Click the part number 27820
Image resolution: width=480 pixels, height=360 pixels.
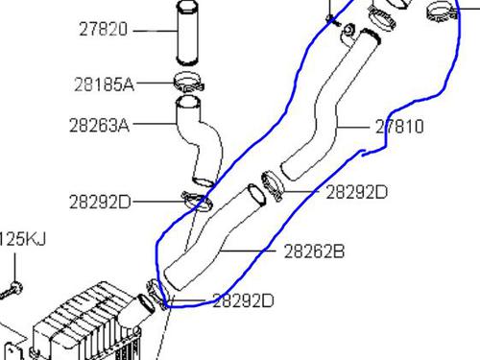pyautogui.click(x=103, y=29)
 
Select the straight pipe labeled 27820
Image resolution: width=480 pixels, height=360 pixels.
pyautogui.click(x=187, y=32)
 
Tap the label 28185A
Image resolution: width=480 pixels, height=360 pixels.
pyautogui.click(x=104, y=84)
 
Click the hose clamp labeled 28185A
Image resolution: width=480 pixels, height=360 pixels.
pyautogui.click(x=189, y=82)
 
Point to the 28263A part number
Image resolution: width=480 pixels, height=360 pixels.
pyautogui.click(x=99, y=125)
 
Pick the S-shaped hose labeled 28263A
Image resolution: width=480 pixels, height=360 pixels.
pyautogui.click(x=199, y=141)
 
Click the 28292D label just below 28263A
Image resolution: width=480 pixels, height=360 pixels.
pyautogui.click(x=100, y=202)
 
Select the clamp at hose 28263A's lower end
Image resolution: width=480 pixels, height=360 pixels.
pyautogui.click(x=197, y=202)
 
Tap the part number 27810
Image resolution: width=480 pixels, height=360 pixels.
pyautogui.click(x=399, y=127)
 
